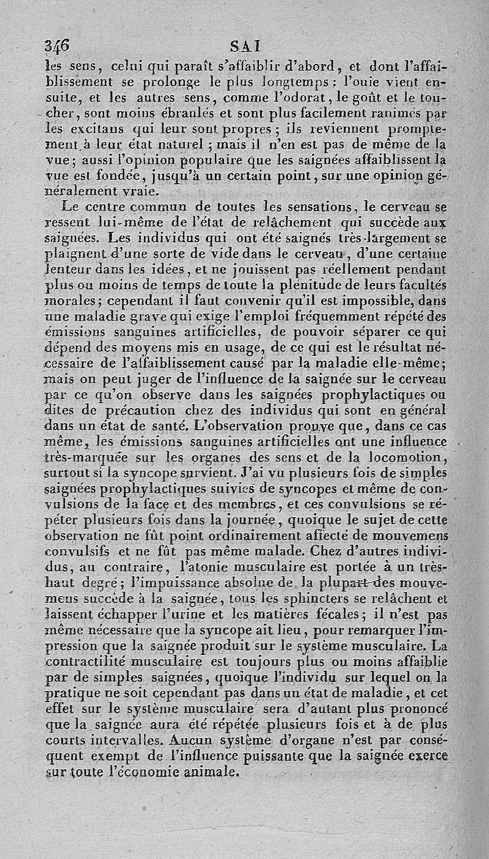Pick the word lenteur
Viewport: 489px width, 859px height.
coord(69,267)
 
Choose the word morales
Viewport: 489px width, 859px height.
coord(68,300)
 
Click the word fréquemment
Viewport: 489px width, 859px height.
coord(356,316)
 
